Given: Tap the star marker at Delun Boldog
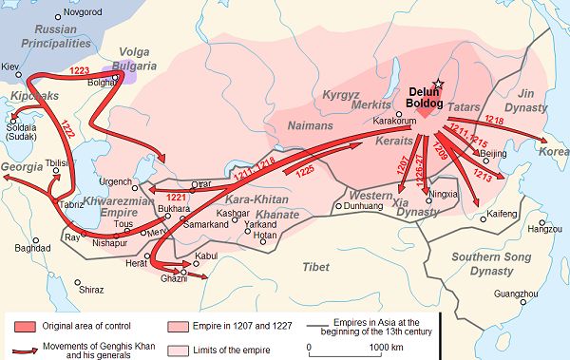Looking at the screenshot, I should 438,85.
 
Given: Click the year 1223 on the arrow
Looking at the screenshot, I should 81,71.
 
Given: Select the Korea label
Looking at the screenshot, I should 555,152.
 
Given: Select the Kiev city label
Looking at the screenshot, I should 11,67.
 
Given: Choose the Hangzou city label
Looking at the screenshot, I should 544,229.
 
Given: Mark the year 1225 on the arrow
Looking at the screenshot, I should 304,172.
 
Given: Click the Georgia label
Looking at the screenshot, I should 21,166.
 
